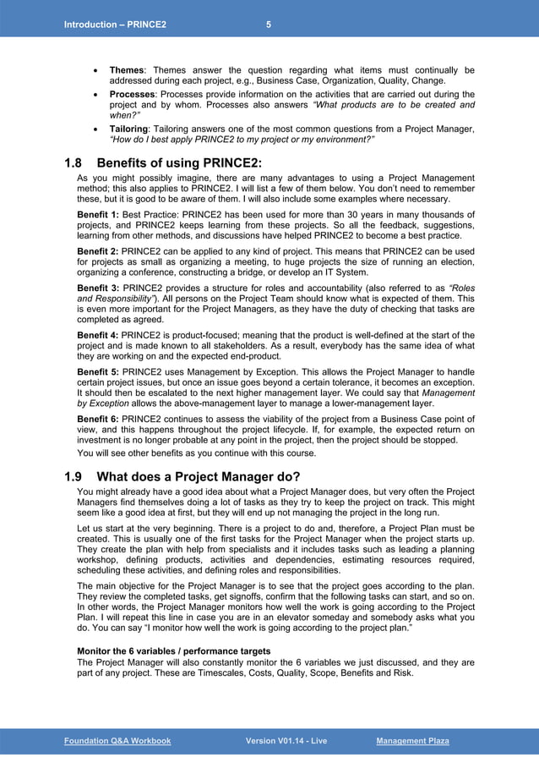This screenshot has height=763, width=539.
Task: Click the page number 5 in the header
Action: [269, 25]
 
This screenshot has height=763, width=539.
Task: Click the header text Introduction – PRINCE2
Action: [115, 25]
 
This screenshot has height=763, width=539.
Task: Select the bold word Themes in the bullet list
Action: [127, 70]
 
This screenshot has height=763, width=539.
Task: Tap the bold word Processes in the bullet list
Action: [133, 95]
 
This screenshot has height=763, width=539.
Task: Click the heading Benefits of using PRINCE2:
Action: [179, 162]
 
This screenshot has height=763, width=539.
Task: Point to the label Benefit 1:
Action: [98, 216]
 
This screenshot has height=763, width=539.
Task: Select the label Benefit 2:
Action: [98, 252]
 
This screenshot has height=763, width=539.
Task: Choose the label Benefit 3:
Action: [98, 288]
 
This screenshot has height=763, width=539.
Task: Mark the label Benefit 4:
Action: [98, 336]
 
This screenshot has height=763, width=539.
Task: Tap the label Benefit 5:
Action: [98, 372]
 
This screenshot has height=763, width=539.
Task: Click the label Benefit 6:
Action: [98, 420]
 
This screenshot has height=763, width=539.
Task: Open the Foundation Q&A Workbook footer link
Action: [117, 741]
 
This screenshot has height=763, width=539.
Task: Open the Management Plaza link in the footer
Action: [412, 741]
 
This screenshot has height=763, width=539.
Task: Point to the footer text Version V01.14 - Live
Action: [286, 741]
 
